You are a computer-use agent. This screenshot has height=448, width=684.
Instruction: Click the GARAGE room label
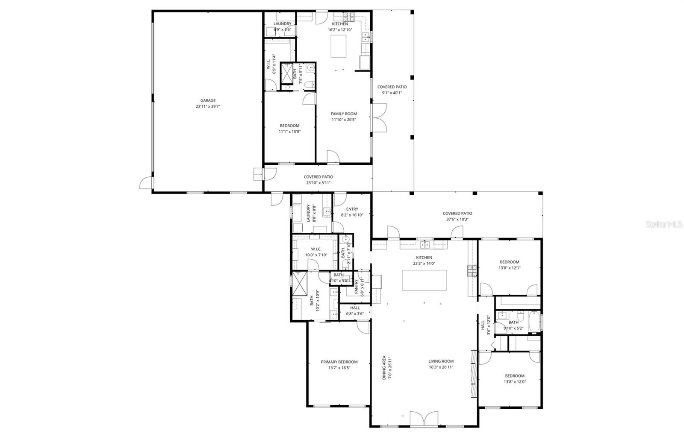point(208,101)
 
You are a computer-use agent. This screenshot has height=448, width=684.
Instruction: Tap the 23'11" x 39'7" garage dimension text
point(208,107)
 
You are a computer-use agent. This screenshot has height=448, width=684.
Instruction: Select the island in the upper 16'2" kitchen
point(339,46)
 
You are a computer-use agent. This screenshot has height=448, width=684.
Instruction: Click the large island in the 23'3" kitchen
point(424,280)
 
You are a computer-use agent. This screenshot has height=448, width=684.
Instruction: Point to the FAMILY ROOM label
point(344,114)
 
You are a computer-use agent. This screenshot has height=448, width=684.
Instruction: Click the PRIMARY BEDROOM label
point(339,362)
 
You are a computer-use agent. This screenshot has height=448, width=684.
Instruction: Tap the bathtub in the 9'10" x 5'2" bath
point(534,322)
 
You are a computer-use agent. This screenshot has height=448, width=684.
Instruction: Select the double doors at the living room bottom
point(424,419)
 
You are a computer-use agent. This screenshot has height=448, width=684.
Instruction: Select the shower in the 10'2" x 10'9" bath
point(300,284)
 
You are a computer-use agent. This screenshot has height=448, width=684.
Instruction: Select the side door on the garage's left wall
point(146,183)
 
